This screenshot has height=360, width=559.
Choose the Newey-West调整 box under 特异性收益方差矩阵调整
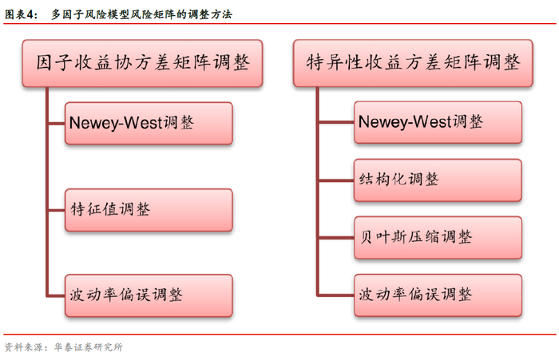[438, 122]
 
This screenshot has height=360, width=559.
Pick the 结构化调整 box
[438, 180]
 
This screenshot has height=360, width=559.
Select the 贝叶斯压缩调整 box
[438, 237]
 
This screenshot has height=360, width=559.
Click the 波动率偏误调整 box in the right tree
[438, 295]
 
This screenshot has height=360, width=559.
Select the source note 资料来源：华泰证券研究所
[64, 347]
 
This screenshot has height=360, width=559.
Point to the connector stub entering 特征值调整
[56, 210]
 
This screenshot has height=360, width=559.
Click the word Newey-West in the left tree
[115, 123]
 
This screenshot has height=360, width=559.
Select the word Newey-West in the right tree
[404, 122]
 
